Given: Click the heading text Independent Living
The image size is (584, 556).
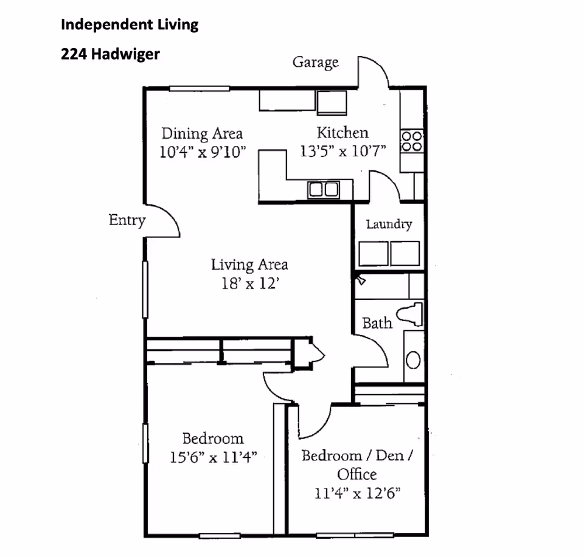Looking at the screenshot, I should point(130,25).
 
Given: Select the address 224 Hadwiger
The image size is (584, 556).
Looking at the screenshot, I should point(110,54).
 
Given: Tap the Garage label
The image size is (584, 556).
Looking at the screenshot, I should point(315,62).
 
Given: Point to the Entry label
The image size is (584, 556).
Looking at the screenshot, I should point(127,220).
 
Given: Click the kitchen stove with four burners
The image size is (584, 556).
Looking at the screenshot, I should point(412,141).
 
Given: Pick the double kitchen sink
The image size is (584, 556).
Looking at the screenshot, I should point(323,190).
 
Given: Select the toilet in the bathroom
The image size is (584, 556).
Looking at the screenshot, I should point(411,314).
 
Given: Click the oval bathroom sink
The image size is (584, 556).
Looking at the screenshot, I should point(413,360).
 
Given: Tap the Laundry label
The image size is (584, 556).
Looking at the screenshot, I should point(389,224).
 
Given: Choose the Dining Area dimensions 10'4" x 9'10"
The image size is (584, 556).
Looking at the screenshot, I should point(202,151).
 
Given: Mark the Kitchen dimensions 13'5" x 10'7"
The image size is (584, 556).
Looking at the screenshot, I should point(343,151).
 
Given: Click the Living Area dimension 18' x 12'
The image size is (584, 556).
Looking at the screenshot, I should point(249,283).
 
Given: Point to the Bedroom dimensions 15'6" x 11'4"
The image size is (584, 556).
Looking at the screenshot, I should point(214,457).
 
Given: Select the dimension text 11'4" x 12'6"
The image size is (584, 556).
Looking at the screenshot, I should point(357,493).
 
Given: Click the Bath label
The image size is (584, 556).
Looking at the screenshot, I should point(377,322).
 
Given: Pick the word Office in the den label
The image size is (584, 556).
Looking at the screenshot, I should point(357,474).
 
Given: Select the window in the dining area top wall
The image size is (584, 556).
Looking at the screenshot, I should point(200,89).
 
